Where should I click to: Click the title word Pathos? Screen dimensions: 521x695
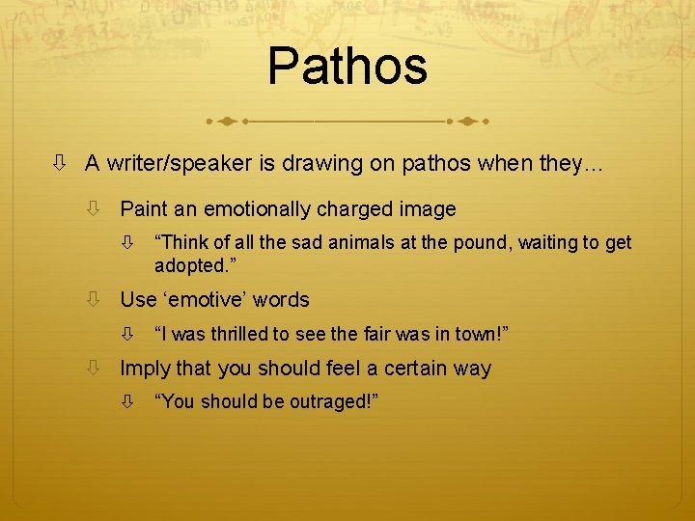click(347, 67)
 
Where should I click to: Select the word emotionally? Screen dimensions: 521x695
click(251, 208)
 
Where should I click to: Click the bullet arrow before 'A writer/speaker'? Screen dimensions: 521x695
click(59, 164)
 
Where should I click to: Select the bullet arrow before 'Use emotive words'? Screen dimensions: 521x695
click(94, 300)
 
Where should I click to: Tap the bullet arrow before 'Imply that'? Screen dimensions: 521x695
click(94, 369)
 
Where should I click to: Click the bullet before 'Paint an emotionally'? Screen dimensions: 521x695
click(94, 208)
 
